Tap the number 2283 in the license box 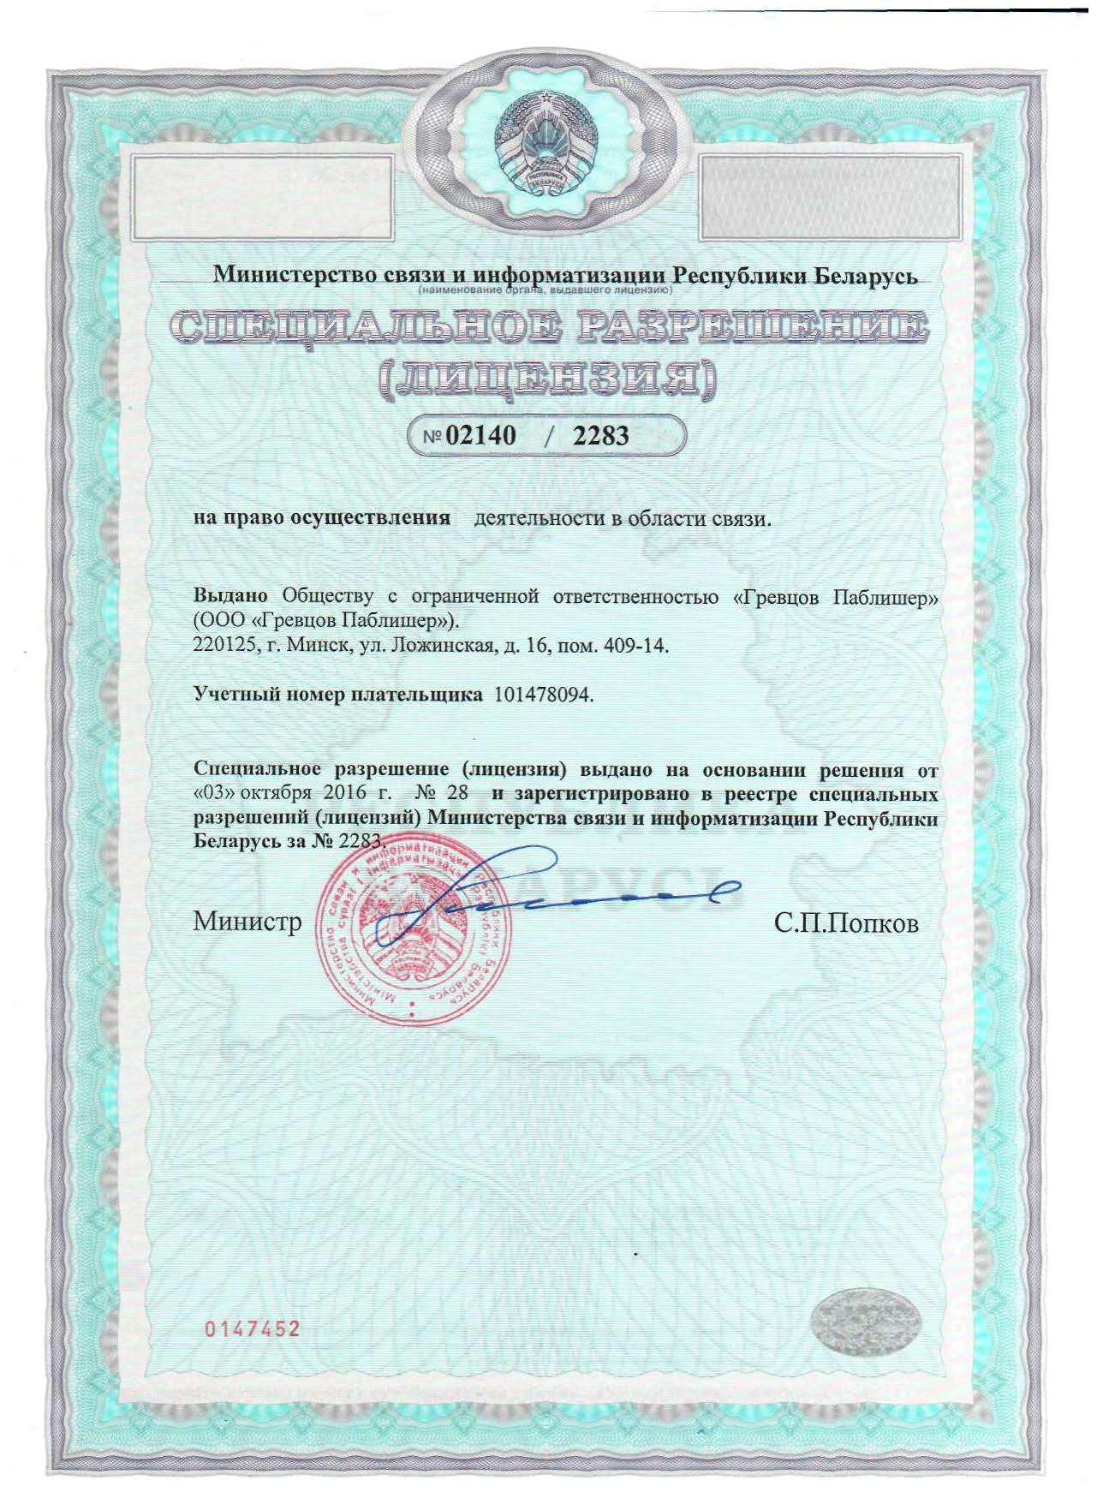pyautogui.click(x=600, y=436)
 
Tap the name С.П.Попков pyautogui.click(x=846, y=923)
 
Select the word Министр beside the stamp pyautogui.click(x=247, y=922)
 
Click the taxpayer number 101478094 pyautogui.click(x=541, y=695)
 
